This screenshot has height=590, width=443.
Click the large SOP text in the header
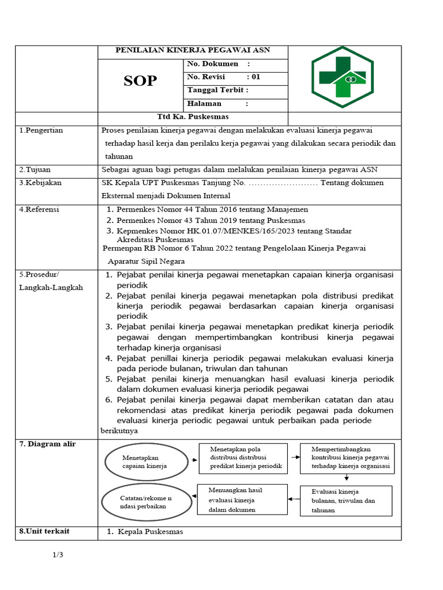click(x=140, y=81)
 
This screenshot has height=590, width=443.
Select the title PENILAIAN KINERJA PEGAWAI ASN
click(x=193, y=51)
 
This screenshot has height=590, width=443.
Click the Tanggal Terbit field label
click(x=217, y=90)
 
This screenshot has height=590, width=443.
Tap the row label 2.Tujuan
click(x=35, y=169)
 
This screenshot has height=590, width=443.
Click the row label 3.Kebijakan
click(x=40, y=183)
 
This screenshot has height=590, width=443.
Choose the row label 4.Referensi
click(x=39, y=209)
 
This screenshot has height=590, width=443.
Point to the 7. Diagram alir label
click(x=47, y=444)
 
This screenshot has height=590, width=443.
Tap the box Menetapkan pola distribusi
click(x=243, y=457)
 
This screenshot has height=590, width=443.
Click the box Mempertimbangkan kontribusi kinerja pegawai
click(x=347, y=457)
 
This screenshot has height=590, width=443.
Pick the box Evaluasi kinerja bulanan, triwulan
click(x=346, y=501)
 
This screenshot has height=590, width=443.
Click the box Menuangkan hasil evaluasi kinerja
click(x=242, y=499)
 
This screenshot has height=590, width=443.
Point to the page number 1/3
click(x=58, y=555)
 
